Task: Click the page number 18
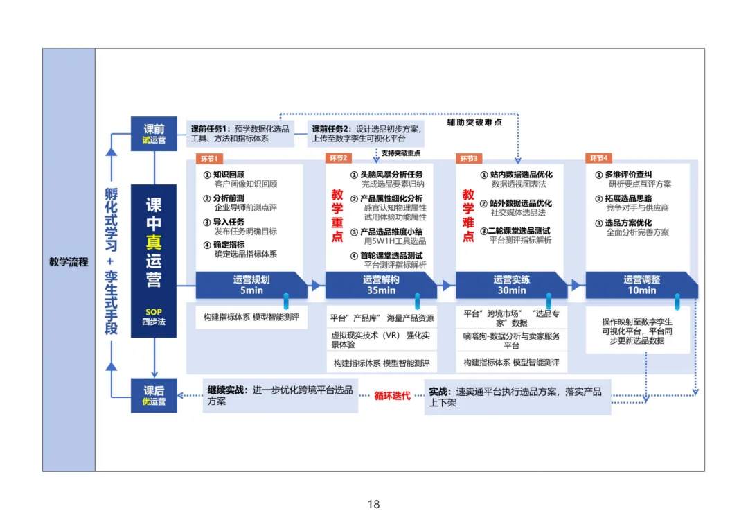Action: (373, 505)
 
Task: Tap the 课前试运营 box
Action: (154, 134)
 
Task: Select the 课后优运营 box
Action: (154, 396)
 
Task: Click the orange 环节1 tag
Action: (208, 159)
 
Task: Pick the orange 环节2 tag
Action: (339, 159)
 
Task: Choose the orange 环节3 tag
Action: (469, 159)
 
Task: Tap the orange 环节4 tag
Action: (598, 159)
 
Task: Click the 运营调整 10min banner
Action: (641, 285)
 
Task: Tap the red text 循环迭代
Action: (392, 396)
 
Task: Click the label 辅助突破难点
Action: (474, 122)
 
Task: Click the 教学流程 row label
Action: (69, 262)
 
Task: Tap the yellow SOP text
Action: (154, 312)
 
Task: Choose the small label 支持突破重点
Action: (400, 153)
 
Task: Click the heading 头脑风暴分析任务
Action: (391, 175)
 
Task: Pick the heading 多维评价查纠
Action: (628, 175)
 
